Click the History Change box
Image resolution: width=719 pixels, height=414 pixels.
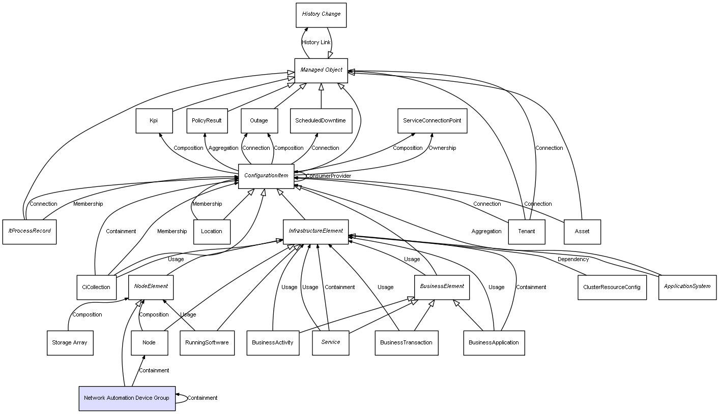tap(321, 15)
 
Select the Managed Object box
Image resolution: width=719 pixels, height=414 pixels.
tap(321, 70)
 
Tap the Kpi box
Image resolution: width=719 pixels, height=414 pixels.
tap(154, 121)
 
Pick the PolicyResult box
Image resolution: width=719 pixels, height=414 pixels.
tap(207, 121)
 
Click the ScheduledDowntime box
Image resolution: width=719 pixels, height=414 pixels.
tap(321, 121)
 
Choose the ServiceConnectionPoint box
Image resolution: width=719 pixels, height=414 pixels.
tap(432, 121)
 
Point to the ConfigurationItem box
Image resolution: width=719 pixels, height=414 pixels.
tap(266, 176)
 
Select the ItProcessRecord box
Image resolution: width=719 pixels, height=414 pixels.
tap(30, 232)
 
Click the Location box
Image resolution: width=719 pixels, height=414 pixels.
tap(212, 232)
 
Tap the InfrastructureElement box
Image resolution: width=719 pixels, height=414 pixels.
tap(316, 232)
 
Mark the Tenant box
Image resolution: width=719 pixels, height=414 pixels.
tap(527, 232)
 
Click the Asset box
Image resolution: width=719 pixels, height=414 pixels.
tap(582, 232)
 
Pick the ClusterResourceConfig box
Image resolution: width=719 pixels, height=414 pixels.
tap(612, 287)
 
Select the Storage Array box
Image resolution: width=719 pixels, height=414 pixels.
tap(70, 343)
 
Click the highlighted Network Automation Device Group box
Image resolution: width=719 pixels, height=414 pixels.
tap(127, 398)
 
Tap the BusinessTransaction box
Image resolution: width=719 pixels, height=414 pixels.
tap(406, 343)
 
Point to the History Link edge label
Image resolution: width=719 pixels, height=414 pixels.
tap(316, 43)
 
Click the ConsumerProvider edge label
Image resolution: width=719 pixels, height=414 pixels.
tap(328, 176)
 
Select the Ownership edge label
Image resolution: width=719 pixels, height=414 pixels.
tap(442, 148)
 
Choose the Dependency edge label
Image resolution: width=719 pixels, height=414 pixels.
tap(573, 260)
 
